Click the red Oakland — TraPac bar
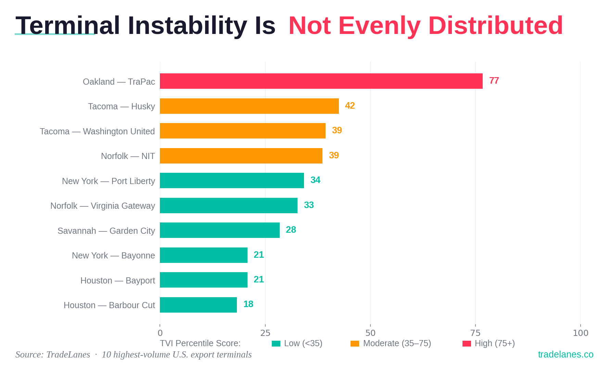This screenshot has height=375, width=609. click(321, 81)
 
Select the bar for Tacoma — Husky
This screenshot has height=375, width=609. click(249, 106)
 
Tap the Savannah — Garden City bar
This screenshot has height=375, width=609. click(219, 230)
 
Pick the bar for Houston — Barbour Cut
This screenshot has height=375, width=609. click(198, 305)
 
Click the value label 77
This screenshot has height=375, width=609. click(494, 81)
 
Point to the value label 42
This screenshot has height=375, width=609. click(350, 106)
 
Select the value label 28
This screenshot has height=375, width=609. click(291, 230)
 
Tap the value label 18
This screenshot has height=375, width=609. click(248, 304)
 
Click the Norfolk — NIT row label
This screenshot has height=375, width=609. click(128, 156)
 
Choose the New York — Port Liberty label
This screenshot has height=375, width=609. click(108, 181)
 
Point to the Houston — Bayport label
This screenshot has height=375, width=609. click(117, 280)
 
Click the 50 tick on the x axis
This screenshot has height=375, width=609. click(370, 333)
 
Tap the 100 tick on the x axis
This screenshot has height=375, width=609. click(580, 333)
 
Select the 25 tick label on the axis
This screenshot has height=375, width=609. click(265, 333)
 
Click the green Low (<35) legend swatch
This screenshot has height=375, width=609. click(276, 343)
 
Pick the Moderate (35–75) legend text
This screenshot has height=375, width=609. click(397, 343)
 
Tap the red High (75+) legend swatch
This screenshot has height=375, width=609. click(467, 343)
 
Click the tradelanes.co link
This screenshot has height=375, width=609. click(566, 354)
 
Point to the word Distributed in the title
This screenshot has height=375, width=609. click(495, 26)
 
